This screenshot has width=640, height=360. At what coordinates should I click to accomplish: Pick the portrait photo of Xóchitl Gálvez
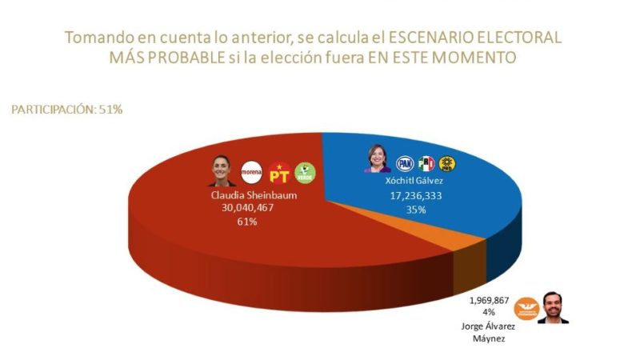(x=376, y=158)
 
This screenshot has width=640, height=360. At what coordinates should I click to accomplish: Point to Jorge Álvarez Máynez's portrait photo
(x=552, y=306)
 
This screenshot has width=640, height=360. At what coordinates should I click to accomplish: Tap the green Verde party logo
(x=304, y=171)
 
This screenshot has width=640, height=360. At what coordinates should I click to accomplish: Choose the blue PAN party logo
(x=405, y=163)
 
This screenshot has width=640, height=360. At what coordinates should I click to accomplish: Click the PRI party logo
(x=427, y=163)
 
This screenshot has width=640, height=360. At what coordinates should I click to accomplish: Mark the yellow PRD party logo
(x=449, y=163)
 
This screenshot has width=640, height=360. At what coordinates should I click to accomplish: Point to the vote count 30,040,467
(x=246, y=207)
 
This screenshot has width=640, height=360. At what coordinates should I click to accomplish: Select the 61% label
(x=246, y=221)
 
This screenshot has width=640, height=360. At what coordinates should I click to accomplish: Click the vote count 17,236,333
(x=416, y=195)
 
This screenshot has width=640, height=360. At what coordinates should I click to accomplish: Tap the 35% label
(x=416, y=209)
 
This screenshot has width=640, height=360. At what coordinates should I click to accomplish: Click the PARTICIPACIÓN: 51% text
(x=66, y=109)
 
